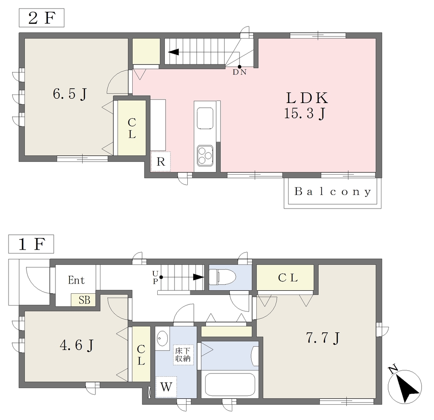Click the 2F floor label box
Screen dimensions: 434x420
point(42,18)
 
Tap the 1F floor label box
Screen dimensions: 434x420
point(31,244)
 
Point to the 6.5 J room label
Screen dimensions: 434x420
point(70,94)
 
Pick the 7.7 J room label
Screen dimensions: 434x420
point(323,338)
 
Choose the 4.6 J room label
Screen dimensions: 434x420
point(77,345)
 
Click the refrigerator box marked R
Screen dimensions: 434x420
point(161,161)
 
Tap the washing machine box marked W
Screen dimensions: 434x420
point(166,387)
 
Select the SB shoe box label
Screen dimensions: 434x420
point(83,300)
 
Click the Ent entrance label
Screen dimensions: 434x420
point(76,280)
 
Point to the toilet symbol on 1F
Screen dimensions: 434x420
point(222,277)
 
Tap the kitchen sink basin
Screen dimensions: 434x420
point(205,119)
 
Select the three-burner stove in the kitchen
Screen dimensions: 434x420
point(205,156)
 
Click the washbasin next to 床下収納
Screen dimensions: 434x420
point(162,338)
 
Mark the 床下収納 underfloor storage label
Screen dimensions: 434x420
point(183,355)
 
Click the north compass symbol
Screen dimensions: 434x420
point(404,386)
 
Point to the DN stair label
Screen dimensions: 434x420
point(239,72)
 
